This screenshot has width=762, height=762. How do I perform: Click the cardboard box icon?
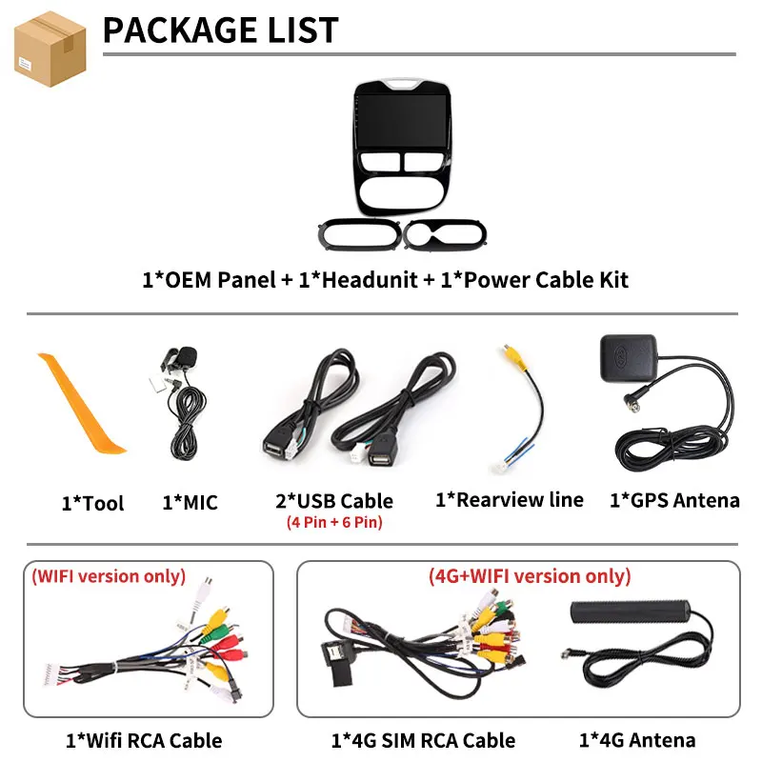[x=50, y=50]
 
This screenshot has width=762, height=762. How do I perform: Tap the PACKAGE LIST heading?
[x=221, y=30]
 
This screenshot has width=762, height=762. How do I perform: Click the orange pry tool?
[x=81, y=403]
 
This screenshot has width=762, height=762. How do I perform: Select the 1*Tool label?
[x=92, y=503]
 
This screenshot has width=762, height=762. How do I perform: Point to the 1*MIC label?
[x=190, y=503]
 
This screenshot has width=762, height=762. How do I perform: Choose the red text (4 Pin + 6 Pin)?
[x=334, y=522]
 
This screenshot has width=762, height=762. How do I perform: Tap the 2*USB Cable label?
[x=334, y=501]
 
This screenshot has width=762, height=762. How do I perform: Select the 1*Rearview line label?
[x=510, y=500]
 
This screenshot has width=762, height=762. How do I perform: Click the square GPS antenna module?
[x=629, y=358]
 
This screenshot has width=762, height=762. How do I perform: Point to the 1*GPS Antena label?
[x=674, y=501]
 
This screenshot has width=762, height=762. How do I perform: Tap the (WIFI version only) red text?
[x=109, y=576]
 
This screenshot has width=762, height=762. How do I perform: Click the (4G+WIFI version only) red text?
[x=530, y=576]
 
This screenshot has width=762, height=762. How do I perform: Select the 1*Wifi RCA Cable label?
[x=144, y=741]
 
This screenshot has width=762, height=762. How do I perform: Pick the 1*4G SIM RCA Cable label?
[x=423, y=741]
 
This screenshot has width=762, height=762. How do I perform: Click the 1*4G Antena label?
[x=637, y=741]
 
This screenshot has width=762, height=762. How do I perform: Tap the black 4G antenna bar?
[x=631, y=612]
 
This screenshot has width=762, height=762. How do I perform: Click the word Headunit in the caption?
[x=370, y=280]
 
